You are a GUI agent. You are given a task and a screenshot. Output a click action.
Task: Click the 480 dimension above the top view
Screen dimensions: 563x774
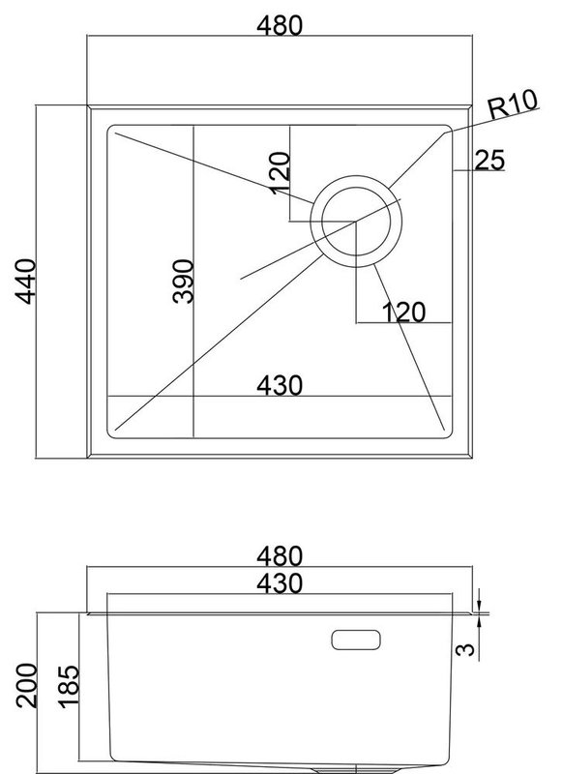(280, 26)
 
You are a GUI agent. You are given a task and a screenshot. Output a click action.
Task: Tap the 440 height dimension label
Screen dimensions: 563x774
(26, 282)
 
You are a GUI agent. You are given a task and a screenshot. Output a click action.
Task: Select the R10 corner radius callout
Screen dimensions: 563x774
(513, 104)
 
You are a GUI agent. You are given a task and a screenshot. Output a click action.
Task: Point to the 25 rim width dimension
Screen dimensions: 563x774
(489, 160)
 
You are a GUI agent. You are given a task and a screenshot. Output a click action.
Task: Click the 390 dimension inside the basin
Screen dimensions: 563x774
(183, 281)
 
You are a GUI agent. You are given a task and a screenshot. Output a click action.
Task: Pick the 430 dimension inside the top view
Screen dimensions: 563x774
(280, 385)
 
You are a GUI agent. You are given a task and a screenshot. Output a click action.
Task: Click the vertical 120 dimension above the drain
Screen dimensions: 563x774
(280, 173)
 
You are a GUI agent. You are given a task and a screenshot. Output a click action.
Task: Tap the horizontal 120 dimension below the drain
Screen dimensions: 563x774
(403, 313)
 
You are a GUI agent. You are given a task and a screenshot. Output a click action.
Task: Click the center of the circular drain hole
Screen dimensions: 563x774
(356, 222)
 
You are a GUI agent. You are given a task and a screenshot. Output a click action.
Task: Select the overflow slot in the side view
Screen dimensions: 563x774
(356, 640)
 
